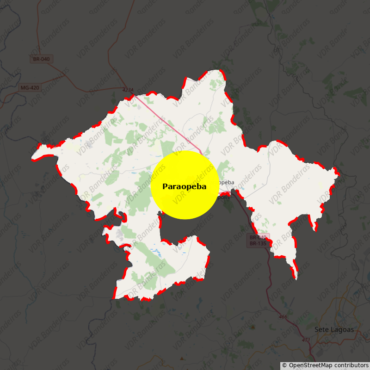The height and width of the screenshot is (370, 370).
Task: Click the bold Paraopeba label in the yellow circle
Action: click(184, 187)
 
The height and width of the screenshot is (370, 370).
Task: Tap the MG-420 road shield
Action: click(30, 87)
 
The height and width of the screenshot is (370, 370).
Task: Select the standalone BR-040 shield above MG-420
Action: click(42, 59)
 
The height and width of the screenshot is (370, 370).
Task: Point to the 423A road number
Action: click(128, 90)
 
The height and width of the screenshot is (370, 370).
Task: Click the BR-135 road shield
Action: click(258, 243)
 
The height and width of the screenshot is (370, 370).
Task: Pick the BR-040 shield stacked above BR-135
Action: click(258, 237)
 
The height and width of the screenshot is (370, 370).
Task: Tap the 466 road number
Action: click(283, 317)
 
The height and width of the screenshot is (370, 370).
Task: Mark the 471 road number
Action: click(306, 340)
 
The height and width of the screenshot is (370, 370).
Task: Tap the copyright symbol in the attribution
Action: click(284, 365)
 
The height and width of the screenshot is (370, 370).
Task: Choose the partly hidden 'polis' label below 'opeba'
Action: click(223, 197)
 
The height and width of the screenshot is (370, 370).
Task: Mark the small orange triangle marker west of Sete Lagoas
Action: click(253, 327)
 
